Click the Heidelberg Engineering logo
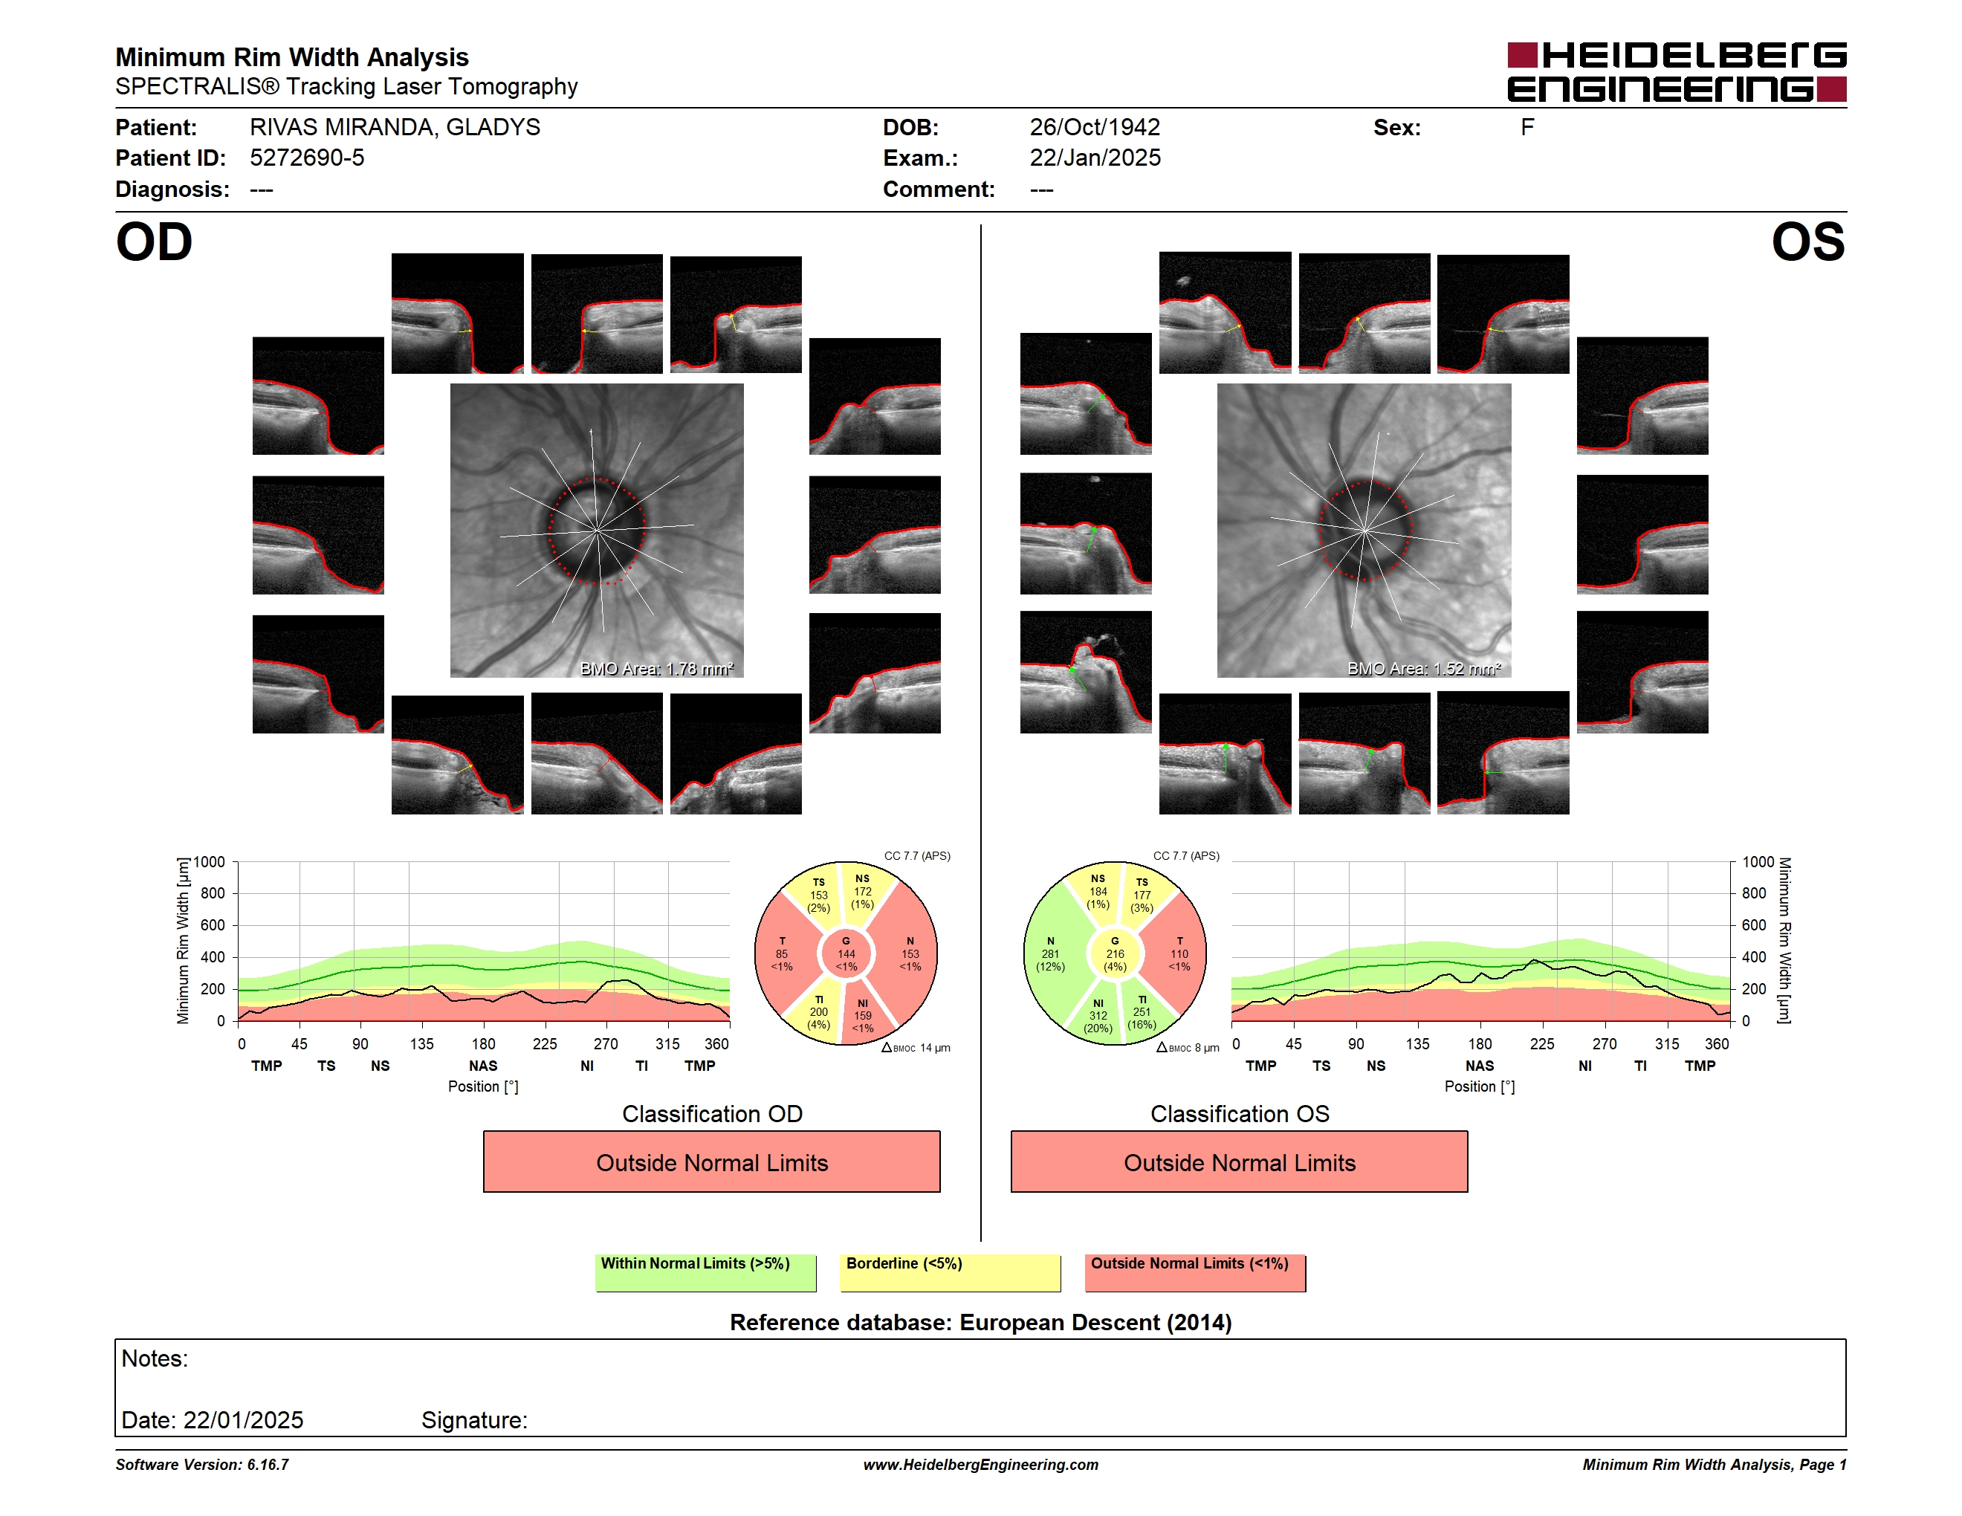[1677, 72]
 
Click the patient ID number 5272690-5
[307, 158]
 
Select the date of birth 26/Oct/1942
[1094, 128]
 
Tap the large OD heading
[155, 242]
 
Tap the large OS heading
[1807, 242]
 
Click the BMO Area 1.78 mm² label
[657, 668]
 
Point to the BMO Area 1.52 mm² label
[1424, 668]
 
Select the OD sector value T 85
[782, 953]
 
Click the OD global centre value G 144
[846, 953]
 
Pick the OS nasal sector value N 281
[1050, 953]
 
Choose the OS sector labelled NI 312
[1098, 1016]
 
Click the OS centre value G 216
[1115, 953]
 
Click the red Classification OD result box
[711, 1162]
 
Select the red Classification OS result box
[1239, 1162]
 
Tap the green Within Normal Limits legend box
[705, 1272]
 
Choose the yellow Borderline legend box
[950, 1272]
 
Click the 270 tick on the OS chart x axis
[1605, 1043]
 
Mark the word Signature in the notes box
[474, 1420]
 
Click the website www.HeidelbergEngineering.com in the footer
[980, 1465]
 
